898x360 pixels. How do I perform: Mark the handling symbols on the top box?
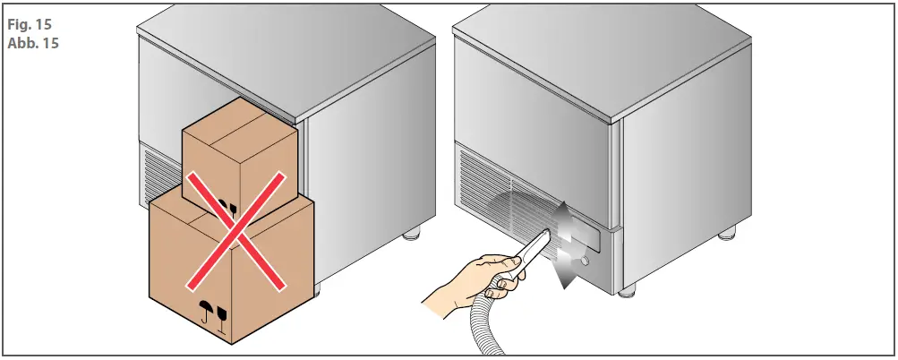(x=228, y=211)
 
